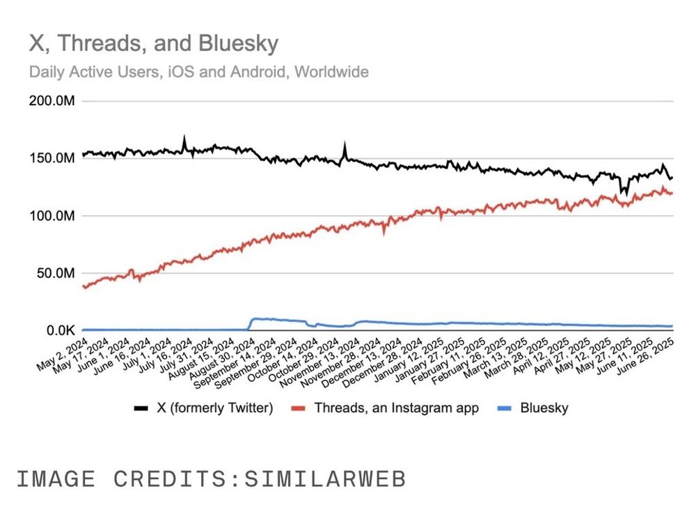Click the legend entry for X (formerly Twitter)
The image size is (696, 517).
tap(214, 408)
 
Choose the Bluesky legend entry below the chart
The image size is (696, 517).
tap(544, 408)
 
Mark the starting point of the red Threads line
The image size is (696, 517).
tap(84, 286)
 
